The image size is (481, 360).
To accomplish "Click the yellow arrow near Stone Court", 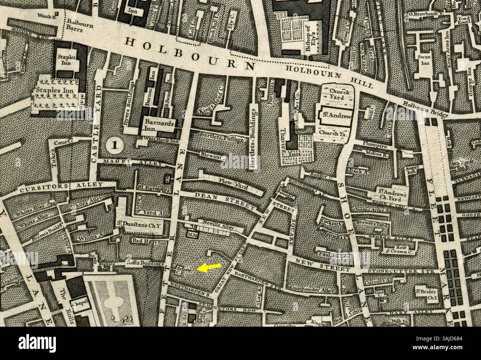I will point(209,268).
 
